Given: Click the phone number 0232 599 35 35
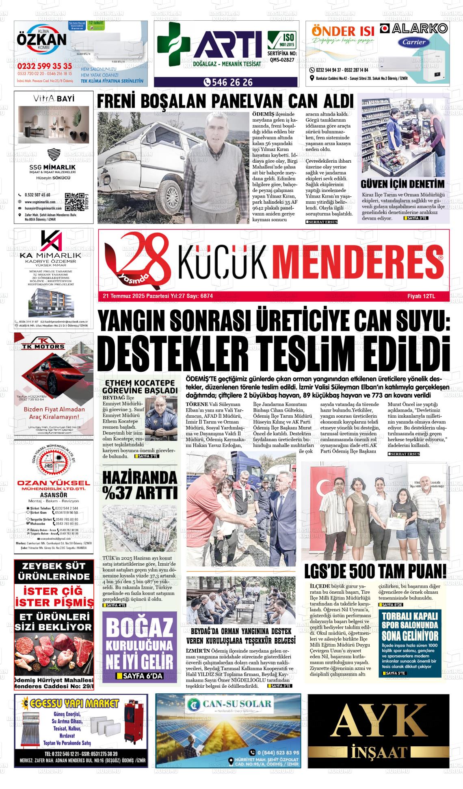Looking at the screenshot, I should coord(45,66).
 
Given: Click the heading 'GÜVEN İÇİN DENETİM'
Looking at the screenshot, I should coord(402,184).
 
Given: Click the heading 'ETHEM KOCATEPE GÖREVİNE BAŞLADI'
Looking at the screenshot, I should coord(140,387).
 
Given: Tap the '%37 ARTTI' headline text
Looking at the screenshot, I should coord(140,493).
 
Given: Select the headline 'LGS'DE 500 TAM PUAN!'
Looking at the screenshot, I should coord(375,571).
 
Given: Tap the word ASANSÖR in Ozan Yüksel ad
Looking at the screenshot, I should coord(54,495).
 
